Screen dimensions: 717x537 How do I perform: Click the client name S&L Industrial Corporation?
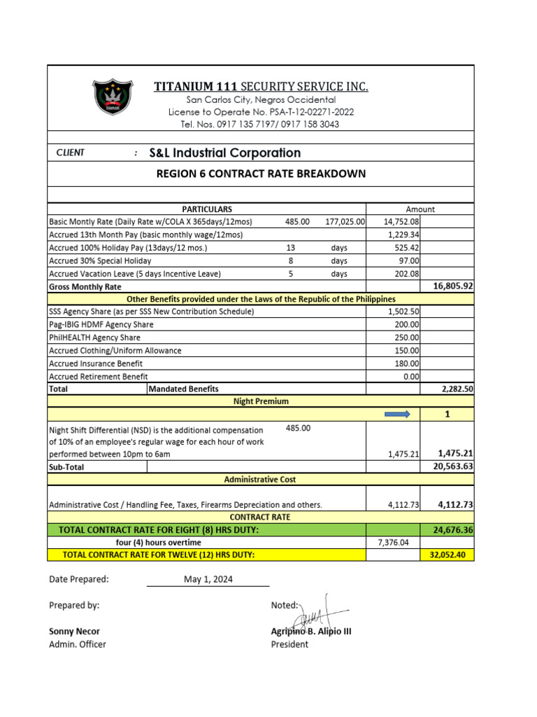click(224, 153)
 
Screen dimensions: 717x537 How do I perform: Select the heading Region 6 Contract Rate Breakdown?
click(261, 174)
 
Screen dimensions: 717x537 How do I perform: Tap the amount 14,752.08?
click(401, 221)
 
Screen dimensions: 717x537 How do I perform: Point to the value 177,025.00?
click(345, 221)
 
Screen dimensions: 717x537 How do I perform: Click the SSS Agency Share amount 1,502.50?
click(404, 312)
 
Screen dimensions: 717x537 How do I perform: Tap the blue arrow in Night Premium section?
click(396, 415)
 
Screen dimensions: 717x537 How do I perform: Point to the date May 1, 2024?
click(208, 579)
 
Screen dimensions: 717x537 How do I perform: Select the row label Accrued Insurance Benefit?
click(96, 363)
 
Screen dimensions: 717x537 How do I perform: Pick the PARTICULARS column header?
click(207, 209)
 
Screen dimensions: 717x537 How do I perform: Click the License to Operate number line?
click(261, 112)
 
